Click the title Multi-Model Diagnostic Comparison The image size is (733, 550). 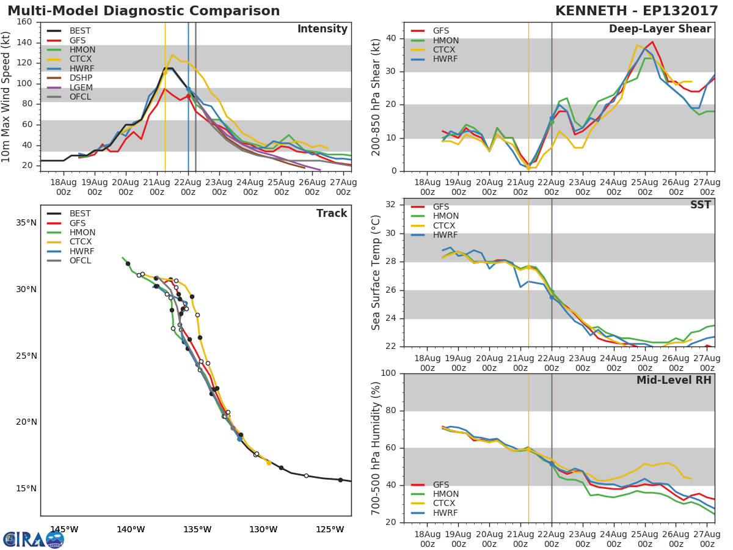point(144,11)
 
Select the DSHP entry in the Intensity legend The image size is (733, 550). point(80,78)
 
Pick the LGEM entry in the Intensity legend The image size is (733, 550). point(80,87)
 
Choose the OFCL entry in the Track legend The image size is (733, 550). point(79,260)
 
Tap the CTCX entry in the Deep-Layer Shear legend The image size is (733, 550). point(445,50)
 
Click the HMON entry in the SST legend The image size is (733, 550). point(445,216)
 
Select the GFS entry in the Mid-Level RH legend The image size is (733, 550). point(440,485)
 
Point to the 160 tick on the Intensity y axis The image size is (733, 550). point(24,21)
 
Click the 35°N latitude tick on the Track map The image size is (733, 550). point(26,222)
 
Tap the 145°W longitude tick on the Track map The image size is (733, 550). point(64,529)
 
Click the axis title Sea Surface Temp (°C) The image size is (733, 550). point(376,272)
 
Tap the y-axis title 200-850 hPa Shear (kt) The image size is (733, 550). point(376,97)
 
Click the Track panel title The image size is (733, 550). point(331,213)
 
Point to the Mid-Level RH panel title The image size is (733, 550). point(674,380)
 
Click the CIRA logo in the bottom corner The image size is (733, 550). point(34,539)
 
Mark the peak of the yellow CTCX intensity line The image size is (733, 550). point(172,55)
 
